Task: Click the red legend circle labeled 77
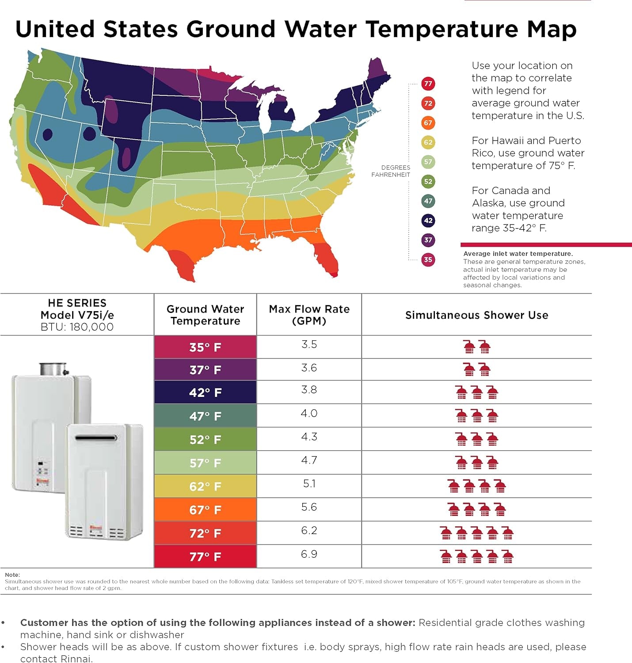coord(428,84)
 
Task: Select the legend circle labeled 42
coord(428,221)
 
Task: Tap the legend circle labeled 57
coord(428,162)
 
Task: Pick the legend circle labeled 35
coord(428,259)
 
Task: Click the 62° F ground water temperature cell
coord(205,486)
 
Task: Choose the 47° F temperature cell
coord(205,416)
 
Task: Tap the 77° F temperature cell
coord(205,556)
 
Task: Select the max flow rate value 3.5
coord(309,344)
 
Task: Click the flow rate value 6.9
coord(309,554)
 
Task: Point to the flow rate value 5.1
coord(309,484)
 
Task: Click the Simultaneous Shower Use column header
coord(476,315)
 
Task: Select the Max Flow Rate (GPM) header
coord(309,315)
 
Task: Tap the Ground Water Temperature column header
coord(205,315)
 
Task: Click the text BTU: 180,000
coord(77,327)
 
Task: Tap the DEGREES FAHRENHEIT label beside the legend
coord(391,171)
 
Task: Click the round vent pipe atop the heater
coord(53,369)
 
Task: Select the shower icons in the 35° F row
coord(476,347)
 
